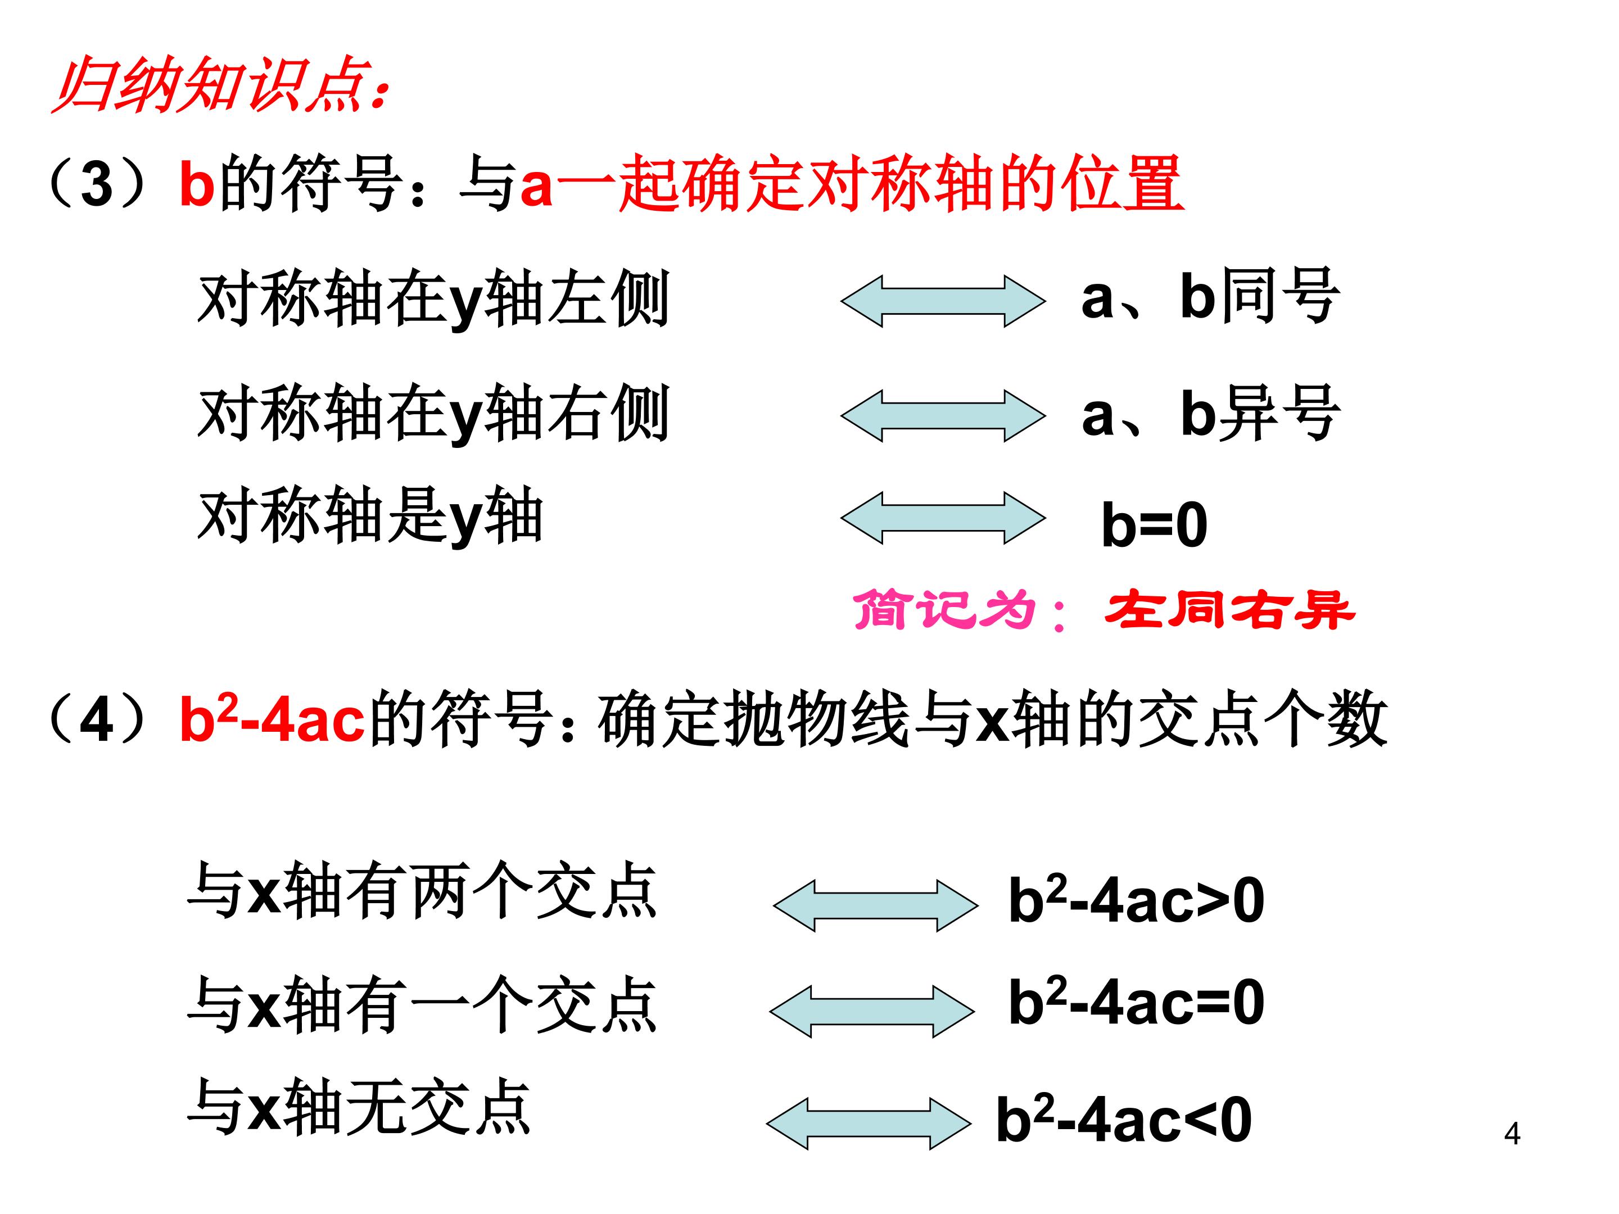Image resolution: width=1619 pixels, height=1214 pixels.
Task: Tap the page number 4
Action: tap(1512, 1134)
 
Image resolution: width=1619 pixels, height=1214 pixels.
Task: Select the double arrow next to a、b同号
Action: tap(943, 301)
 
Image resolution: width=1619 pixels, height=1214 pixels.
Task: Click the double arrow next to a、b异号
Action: tap(943, 416)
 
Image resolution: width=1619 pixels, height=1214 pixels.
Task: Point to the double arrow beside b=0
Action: tap(943, 518)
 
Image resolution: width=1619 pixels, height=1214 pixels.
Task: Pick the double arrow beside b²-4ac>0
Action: tap(875, 905)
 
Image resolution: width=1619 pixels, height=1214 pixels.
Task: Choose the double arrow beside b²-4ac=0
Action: tap(872, 1011)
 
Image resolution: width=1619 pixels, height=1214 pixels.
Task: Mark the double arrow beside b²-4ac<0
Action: tap(868, 1124)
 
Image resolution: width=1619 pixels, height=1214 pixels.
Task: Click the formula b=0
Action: tap(1154, 525)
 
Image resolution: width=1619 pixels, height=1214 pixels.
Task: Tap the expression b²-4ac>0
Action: tap(1136, 899)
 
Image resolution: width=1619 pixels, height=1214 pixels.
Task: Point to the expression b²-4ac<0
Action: tap(1124, 1119)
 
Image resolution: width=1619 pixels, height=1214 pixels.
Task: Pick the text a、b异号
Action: tap(1210, 414)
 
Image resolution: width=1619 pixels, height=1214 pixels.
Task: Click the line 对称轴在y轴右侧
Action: tap(433, 414)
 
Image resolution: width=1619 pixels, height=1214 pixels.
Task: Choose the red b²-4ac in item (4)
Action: tap(272, 719)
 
